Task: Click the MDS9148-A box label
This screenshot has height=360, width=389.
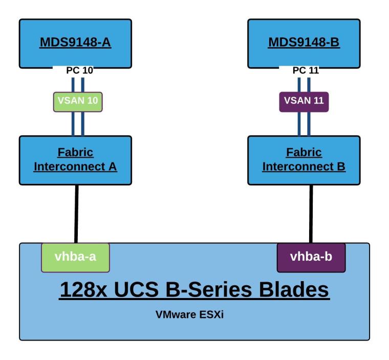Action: [75, 41]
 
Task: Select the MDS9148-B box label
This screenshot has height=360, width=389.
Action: [304, 41]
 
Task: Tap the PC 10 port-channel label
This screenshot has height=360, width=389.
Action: [80, 70]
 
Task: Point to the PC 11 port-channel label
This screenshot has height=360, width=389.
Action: [306, 70]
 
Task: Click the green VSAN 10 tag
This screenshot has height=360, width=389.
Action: [78, 101]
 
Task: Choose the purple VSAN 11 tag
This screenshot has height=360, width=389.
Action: [304, 101]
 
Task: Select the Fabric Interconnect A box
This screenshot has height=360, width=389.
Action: [75, 160]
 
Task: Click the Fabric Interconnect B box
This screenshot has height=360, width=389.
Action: [304, 160]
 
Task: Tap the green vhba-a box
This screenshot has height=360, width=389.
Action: [75, 258]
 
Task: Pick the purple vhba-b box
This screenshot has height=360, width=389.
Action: [311, 258]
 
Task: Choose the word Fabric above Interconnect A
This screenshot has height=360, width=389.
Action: [75, 153]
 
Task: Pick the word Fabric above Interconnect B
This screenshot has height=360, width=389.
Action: [304, 153]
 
